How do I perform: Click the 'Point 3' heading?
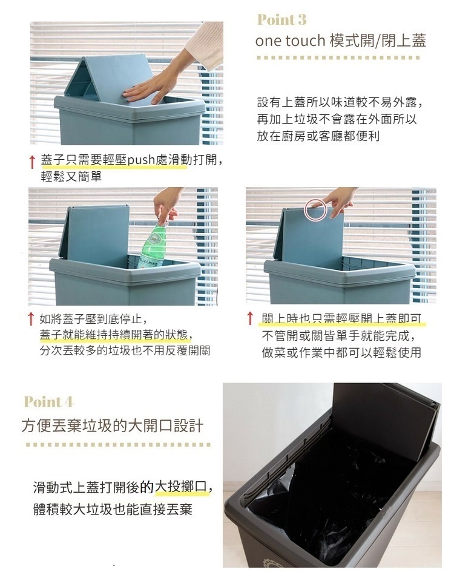282,19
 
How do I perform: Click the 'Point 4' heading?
48,402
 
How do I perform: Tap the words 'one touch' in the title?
290,41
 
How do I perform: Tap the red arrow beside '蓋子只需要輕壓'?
33,162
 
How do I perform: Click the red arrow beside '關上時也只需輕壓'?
250,318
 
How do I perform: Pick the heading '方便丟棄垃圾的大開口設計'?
113,425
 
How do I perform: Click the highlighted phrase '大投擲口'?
181,487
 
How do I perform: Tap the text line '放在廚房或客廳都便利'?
318,136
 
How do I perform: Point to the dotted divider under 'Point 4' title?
118,445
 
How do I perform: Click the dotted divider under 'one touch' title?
338,58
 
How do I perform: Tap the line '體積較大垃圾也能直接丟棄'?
113,510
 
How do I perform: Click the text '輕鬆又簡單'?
71,176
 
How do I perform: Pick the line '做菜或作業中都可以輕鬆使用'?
341,352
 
